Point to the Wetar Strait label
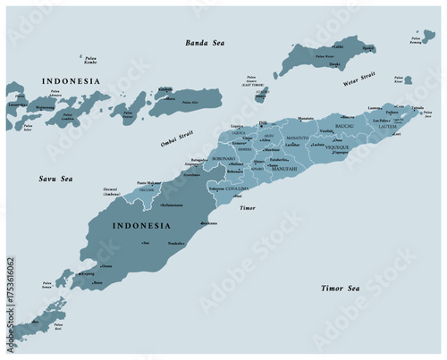pyautogui.click(x=358, y=81)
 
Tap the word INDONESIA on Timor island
pyautogui.click(x=139, y=227)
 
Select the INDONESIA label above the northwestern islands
pyautogui.click(x=70, y=81)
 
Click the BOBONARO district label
pyautogui.click(x=223, y=158)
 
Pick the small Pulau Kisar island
pyautogui.click(x=408, y=80)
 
